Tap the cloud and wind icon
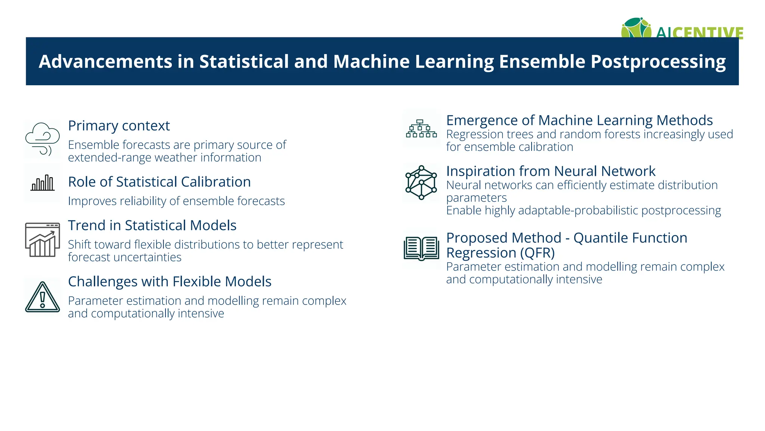(42, 139)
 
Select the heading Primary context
(119, 126)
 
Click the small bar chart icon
(43, 183)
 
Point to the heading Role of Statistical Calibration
(159, 182)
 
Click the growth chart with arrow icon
(42, 240)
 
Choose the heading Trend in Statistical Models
(152, 225)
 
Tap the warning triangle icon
(42, 297)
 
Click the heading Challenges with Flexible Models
(170, 281)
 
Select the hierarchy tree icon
(421, 129)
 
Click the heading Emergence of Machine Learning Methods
(579, 120)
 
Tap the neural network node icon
(421, 183)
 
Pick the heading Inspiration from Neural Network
(551, 171)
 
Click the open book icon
(421, 248)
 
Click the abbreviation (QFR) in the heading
(538, 253)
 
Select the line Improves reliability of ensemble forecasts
(176, 201)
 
